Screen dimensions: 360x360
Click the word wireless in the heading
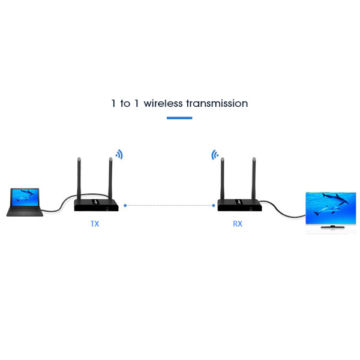click(163, 103)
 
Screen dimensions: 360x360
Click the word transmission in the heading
click(217, 103)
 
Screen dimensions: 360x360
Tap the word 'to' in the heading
click(125, 104)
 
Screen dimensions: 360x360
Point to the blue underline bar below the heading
click(179, 118)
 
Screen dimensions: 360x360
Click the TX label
click(95, 224)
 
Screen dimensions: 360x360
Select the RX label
click(238, 224)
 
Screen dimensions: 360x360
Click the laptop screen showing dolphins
click(25, 197)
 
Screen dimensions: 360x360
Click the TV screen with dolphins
click(331, 208)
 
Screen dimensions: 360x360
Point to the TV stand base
click(332, 227)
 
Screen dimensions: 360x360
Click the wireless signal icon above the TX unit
click(119, 154)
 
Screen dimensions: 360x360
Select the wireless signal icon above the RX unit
click(215, 155)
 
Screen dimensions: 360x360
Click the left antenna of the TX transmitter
click(79, 179)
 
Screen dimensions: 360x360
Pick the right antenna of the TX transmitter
click(110, 179)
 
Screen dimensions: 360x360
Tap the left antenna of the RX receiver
click(222, 179)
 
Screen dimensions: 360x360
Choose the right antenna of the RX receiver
click(254, 179)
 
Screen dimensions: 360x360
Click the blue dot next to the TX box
click(125, 205)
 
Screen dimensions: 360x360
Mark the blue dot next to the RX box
click(214, 205)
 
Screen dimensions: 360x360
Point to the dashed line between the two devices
click(169, 205)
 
